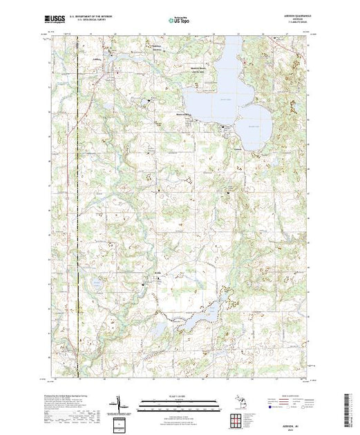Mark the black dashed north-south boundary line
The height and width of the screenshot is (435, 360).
78,207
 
